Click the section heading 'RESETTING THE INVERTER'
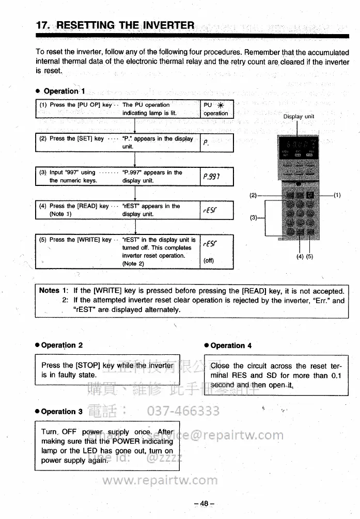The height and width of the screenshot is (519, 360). tap(125, 25)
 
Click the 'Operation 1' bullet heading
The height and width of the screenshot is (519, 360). tap(64, 91)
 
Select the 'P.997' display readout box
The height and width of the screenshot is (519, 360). tap(216, 177)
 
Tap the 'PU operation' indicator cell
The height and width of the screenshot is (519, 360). tap(216, 109)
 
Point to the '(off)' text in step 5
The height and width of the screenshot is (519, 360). tap(209, 261)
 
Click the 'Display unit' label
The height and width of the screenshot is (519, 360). tap(299, 117)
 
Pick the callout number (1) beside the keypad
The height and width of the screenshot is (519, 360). tap(337, 195)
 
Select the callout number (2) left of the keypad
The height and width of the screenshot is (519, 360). tap(253, 195)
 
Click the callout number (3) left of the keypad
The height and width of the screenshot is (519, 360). tap(253, 218)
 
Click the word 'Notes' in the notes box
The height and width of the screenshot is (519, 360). tap(50, 291)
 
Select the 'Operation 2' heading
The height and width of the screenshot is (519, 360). tap(61, 345)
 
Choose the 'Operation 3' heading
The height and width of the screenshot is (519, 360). tap(61, 412)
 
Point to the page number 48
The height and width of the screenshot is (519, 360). tap(204, 503)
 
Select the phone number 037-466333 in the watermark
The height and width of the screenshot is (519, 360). tap(183, 412)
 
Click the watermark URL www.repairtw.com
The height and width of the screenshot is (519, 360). tap(160, 480)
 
